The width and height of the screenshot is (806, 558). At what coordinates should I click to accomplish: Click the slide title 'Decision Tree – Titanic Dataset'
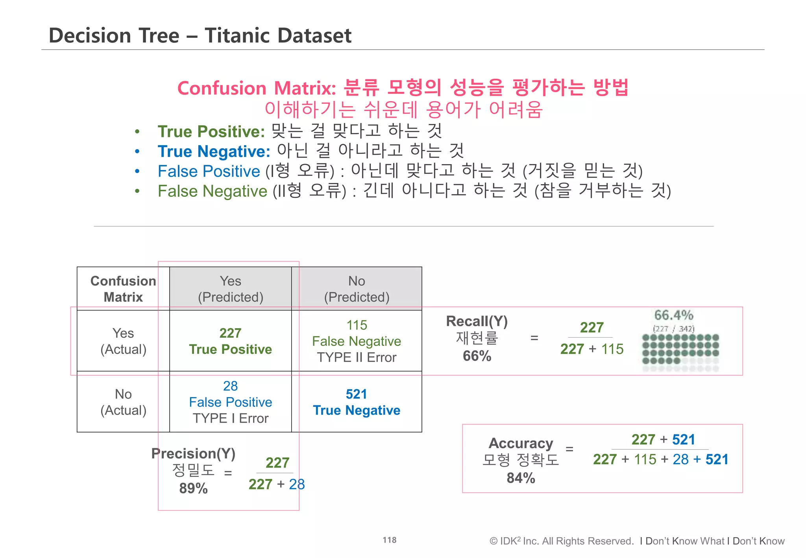200,35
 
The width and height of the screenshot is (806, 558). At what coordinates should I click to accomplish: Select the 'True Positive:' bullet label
211,131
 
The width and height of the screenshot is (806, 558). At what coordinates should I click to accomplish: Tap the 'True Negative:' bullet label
214,152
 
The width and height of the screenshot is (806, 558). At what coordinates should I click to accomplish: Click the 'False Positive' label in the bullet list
209,172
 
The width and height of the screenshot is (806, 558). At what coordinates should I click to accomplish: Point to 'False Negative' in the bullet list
213,192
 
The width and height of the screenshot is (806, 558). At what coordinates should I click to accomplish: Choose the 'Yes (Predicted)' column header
231,289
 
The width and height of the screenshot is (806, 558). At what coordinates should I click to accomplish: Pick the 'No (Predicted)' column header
357,289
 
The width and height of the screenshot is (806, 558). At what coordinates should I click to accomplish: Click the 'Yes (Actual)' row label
123,341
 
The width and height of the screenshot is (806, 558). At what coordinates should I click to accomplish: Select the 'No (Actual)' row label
123,402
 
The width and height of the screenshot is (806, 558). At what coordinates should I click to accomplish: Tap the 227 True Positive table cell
231,341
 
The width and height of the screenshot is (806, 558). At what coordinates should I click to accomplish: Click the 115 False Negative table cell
357,341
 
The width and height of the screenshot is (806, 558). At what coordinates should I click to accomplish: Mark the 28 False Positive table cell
231,402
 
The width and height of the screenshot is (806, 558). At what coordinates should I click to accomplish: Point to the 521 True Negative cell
357,402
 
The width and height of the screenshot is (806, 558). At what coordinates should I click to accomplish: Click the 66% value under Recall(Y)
477,356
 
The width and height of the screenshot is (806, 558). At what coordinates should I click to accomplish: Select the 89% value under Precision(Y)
193,488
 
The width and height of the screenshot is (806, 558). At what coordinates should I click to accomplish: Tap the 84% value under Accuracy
521,478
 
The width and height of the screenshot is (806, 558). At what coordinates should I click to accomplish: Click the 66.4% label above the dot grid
674,315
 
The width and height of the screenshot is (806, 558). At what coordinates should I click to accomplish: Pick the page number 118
390,540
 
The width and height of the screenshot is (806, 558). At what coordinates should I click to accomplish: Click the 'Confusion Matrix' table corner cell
123,289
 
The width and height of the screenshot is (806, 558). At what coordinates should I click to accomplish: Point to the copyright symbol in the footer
494,541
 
